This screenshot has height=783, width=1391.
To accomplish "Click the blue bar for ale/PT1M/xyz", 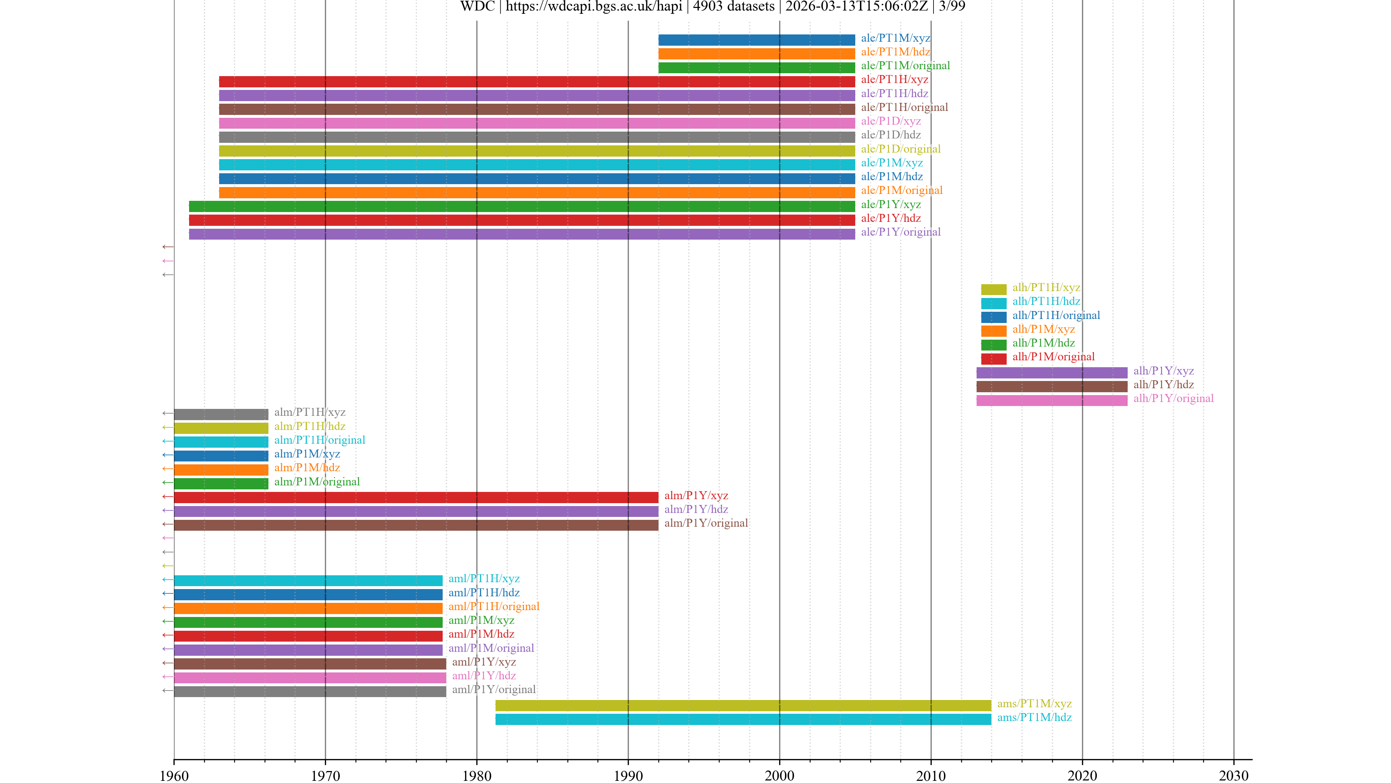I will [756, 40].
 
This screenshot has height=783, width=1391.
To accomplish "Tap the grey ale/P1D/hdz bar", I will [537, 137].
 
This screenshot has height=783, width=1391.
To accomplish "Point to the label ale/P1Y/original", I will [900, 232].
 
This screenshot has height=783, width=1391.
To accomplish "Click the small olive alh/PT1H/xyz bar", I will [993, 289].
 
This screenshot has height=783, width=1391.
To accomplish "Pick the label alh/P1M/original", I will [1053, 357].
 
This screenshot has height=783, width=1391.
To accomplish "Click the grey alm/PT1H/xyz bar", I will [221, 414].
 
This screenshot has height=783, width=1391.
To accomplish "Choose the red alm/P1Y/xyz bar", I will [416, 497].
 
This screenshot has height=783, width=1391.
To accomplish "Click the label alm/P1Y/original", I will [706, 523].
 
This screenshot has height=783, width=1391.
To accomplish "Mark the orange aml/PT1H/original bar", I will [308, 608].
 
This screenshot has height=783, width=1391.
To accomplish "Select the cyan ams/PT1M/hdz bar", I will [743, 719].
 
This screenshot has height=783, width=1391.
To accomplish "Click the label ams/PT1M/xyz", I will [1033, 704].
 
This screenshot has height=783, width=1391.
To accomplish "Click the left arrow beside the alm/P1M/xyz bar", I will [167, 455].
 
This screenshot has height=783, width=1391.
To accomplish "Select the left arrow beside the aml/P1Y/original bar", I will [167, 691].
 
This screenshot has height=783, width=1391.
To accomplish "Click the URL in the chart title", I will [593, 7].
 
